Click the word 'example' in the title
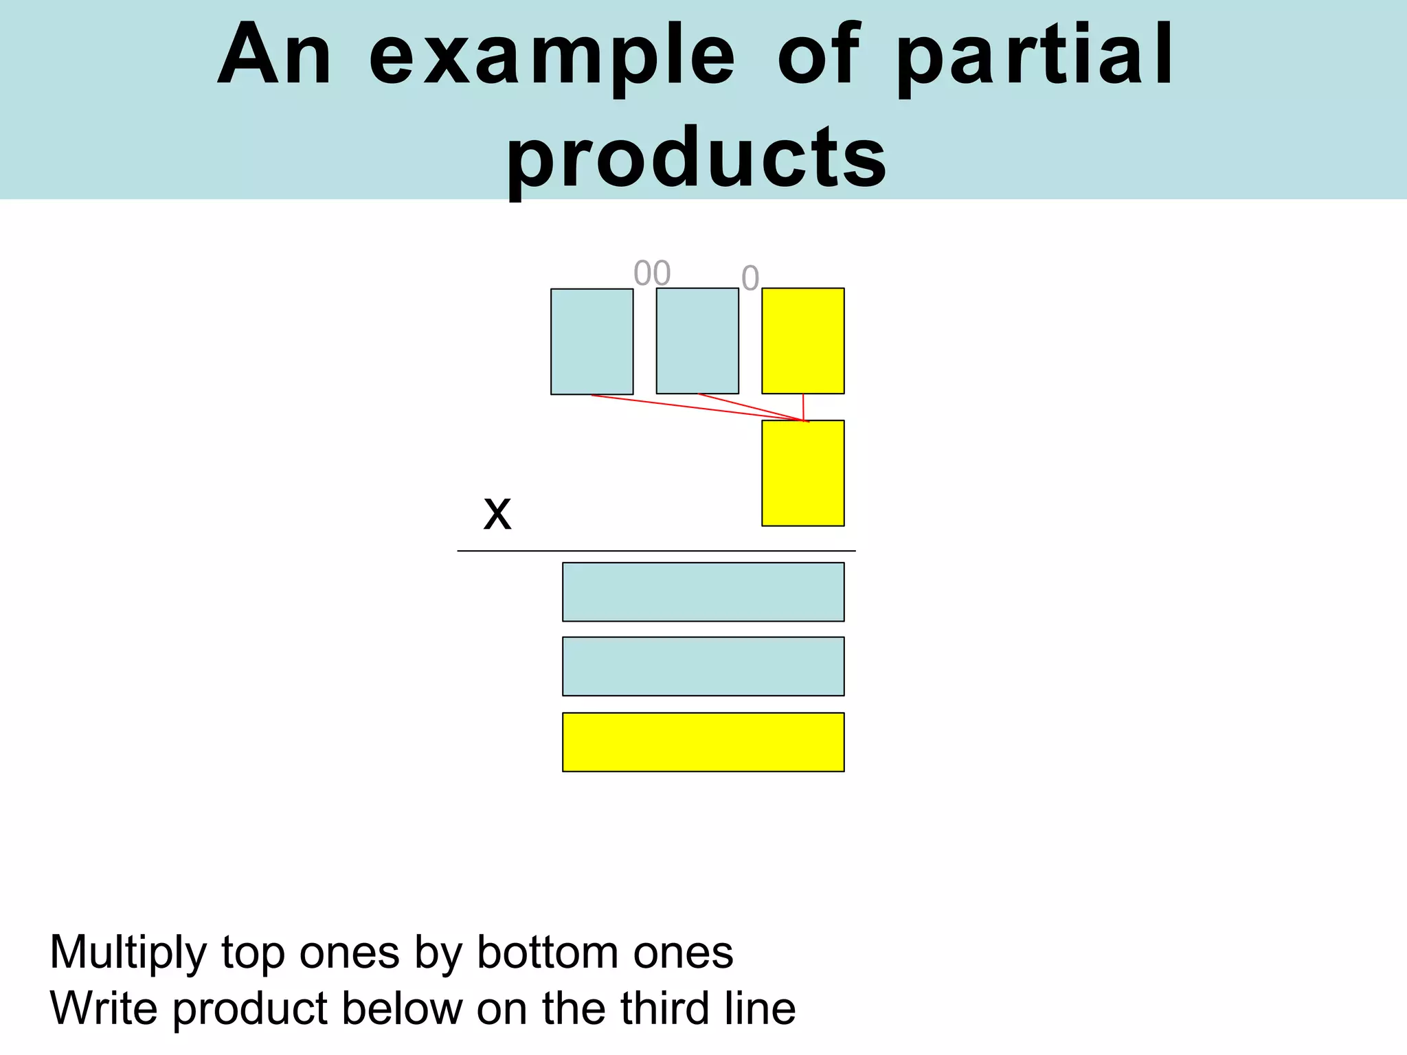pos(552,56)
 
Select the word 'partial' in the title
pos(1035,56)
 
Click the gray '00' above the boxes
pos(652,273)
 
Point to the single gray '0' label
pos(750,278)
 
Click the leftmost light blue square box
pos(592,341)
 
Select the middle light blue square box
pos(697,341)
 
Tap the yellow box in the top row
pos(803,341)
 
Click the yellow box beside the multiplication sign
pos(803,473)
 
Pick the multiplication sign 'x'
pos(497,513)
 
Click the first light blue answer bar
pos(703,592)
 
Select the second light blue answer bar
pos(703,666)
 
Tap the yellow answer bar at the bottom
pos(703,742)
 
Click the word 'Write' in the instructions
pos(104,1008)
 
